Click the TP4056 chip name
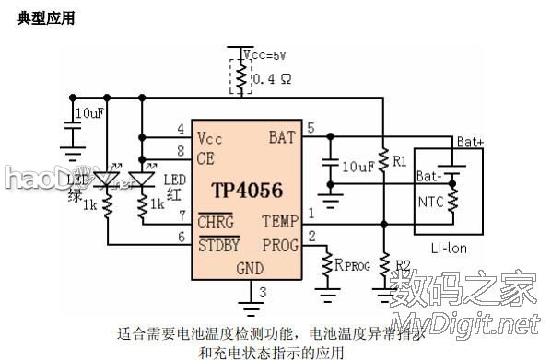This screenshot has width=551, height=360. tap(247, 191)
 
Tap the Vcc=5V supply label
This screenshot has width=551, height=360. tap(265, 54)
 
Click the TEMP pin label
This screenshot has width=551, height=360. tap(279, 221)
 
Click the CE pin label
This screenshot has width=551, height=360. tap(206, 158)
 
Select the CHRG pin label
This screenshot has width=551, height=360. tap(215, 222)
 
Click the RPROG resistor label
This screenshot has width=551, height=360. tap(352, 265)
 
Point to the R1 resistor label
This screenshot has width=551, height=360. tap(399, 161)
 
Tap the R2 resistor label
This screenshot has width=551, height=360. tap(403, 265)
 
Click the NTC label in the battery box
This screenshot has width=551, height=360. tap(430, 200)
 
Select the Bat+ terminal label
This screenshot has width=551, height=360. tap(471, 142)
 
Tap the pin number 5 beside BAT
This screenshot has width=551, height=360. tap(311, 128)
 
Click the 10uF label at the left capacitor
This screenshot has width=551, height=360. tap(89, 112)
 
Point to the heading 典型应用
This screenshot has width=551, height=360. tap(45, 17)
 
